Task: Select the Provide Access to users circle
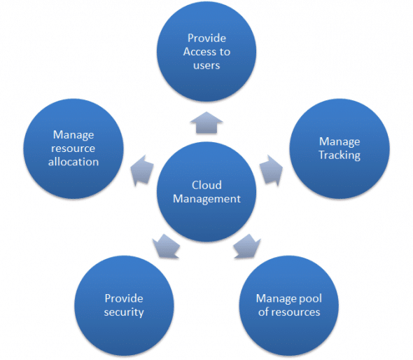point(206,52)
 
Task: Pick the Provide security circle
point(124,305)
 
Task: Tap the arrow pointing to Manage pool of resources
point(247,247)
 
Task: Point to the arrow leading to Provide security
point(165,247)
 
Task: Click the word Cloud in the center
point(206,185)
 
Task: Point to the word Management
point(206,199)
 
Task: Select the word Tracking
point(339,155)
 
